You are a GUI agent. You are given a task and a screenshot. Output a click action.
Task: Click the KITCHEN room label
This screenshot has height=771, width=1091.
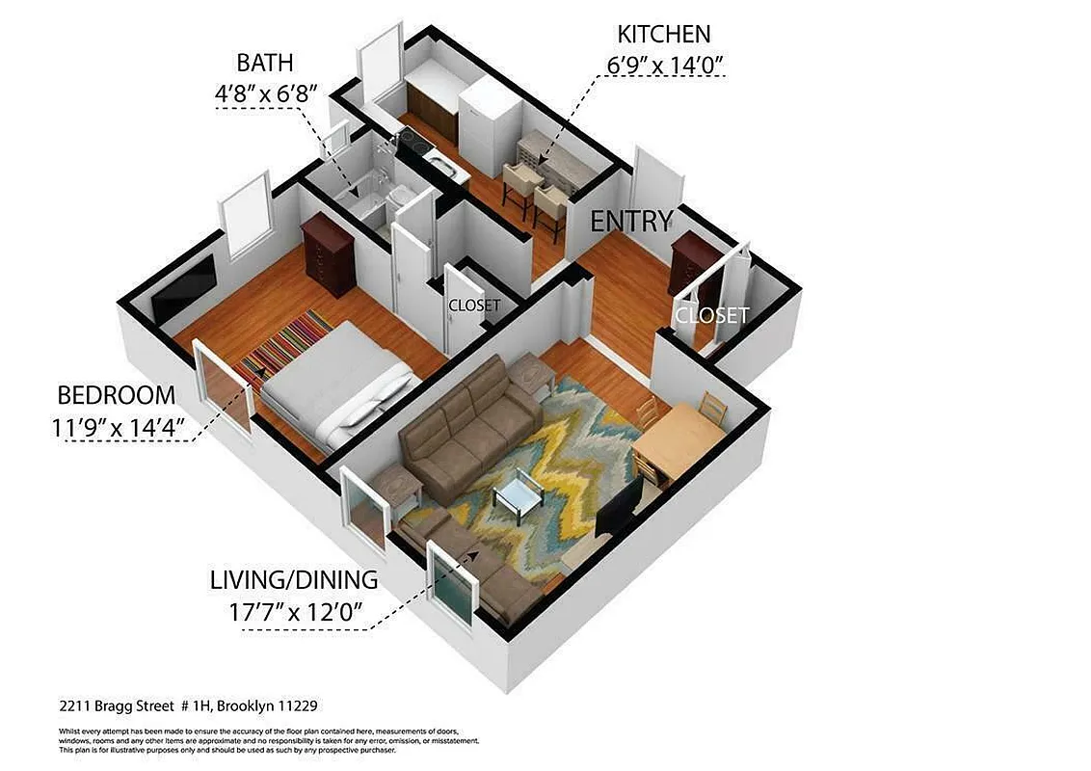[663, 35]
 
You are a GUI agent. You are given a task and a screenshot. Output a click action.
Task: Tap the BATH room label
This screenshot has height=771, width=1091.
[265, 64]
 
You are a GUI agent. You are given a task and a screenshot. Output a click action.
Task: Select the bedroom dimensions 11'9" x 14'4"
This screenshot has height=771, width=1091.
[120, 426]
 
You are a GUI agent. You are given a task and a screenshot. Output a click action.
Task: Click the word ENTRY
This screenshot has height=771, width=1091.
[630, 221]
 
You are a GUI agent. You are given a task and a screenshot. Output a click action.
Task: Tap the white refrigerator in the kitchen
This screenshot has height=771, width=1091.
[490, 120]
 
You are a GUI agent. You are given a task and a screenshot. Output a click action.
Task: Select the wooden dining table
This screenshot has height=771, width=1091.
[679, 439]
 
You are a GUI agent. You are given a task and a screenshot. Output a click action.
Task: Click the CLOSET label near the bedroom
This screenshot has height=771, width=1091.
[474, 306]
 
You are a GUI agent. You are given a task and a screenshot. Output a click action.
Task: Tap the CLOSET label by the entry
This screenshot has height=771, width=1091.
[711, 315]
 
